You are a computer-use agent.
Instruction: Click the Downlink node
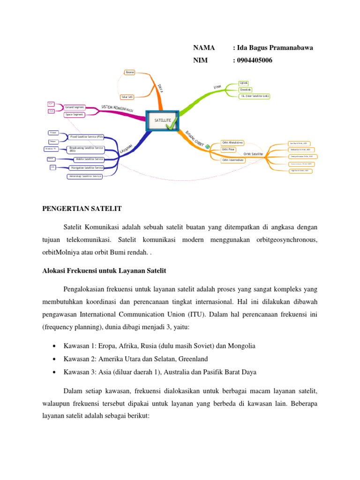click(245, 89)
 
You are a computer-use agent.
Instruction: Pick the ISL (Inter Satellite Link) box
click(255, 96)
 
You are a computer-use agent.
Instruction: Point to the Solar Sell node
click(127, 97)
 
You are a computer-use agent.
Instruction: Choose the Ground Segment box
click(75, 107)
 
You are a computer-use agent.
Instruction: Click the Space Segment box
click(75, 114)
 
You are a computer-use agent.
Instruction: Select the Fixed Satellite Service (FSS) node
click(86, 136)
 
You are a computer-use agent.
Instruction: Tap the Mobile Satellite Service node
click(86, 159)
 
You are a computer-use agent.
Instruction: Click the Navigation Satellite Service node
click(86, 167)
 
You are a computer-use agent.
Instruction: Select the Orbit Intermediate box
click(233, 159)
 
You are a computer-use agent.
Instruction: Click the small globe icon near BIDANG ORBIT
click(208, 147)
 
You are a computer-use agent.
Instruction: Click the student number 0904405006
click(255, 60)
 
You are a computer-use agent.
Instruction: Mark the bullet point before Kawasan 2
click(56, 359)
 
